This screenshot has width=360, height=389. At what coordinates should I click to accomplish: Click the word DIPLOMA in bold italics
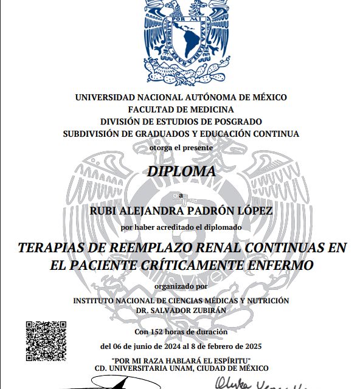click(181, 171)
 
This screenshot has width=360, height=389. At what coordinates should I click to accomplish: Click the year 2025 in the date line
click(251, 346)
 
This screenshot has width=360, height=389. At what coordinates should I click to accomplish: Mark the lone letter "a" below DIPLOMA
click(180, 194)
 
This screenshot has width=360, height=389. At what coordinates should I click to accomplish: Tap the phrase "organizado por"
click(181, 286)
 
